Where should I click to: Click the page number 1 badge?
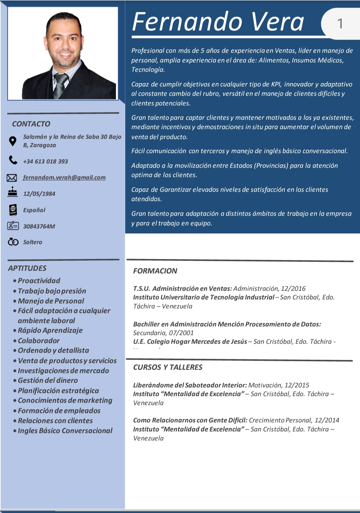click(340, 24)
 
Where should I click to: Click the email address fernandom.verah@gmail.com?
click(64, 177)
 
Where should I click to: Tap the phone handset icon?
click(13, 160)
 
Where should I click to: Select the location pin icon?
click(13, 141)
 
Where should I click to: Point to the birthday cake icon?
click(13, 192)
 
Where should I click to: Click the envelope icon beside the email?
click(12, 178)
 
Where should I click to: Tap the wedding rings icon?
click(13, 242)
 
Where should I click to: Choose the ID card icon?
click(13, 226)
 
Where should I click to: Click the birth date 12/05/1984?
click(39, 194)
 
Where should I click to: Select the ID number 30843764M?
click(39, 226)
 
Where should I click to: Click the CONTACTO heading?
click(31, 124)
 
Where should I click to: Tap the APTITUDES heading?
click(27, 268)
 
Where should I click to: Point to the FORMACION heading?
click(155, 271)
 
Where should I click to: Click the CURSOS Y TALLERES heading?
click(168, 367)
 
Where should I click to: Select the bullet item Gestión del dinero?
click(48, 380)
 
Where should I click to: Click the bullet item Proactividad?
click(39, 281)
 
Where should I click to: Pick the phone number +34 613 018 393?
click(45, 161)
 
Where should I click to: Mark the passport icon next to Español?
click(13, 210)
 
